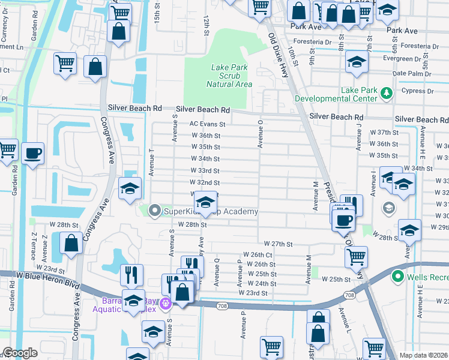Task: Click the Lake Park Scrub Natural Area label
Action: coord(229,76)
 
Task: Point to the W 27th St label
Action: coord(281,244)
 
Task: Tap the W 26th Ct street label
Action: coord(258,255)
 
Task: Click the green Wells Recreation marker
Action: coord(397,277)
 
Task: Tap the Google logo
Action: coord(20,353)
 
